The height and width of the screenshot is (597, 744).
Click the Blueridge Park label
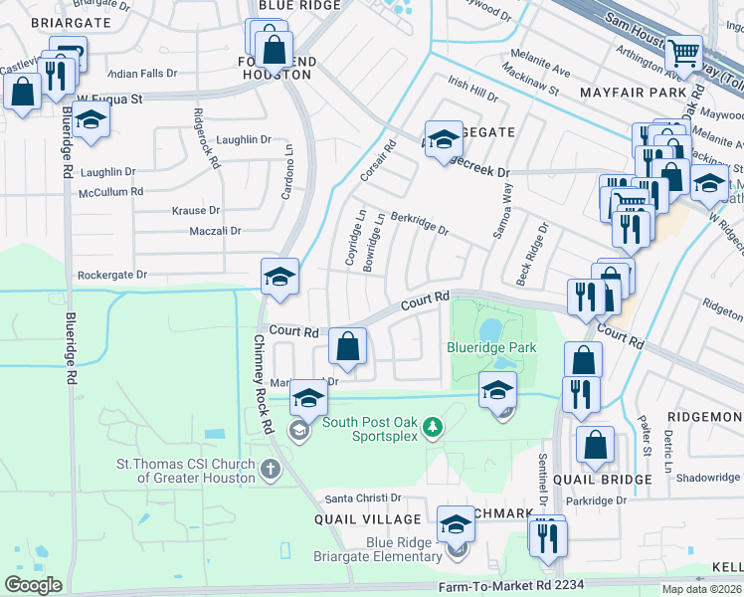(491, 347)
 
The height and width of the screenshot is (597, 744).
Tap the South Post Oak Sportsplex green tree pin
(432, 428)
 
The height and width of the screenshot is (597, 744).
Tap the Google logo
(33, 584)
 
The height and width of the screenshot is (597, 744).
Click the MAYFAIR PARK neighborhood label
(628, 92)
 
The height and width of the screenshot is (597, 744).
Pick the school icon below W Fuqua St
(92, 120)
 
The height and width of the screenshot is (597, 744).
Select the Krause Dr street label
(195, 211)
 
